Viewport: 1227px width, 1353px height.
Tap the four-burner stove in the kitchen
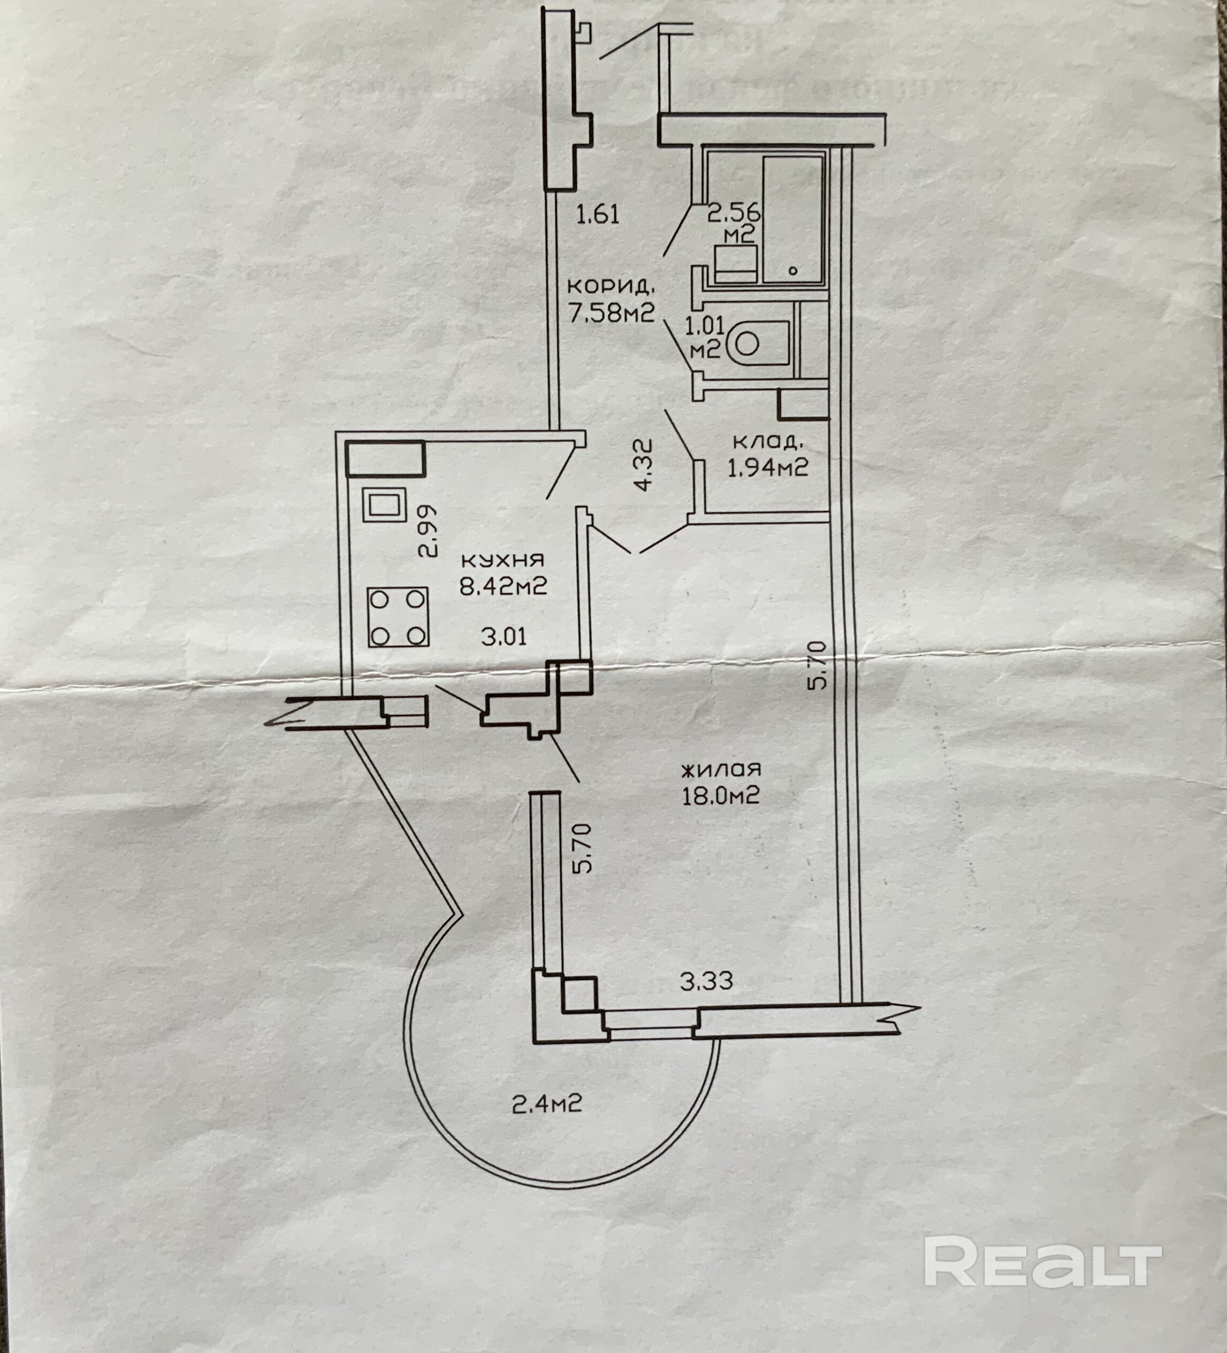pos(398,616)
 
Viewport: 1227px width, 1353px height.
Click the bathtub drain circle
pos(794,271)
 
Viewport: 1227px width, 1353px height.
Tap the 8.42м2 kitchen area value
pos(504,586)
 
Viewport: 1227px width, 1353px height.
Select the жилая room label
pos(721,769)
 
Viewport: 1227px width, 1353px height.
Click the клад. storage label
pos(767,441)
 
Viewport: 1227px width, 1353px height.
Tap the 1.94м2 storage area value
pos(767,467)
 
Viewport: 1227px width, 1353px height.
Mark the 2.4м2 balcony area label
pos(547,1103)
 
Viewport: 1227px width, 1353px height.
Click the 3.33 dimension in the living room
pos(707,982)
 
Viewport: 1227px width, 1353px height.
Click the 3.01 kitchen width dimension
pos(504,636)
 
